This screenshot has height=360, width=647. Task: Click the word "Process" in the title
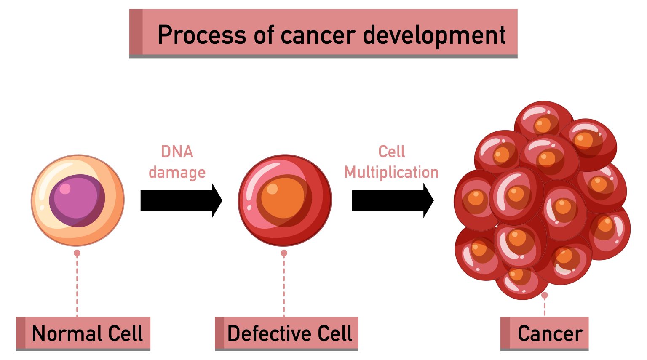click(202, 35)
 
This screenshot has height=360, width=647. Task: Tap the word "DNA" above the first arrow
click(177, 152)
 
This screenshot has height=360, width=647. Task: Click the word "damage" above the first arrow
click(177, 173)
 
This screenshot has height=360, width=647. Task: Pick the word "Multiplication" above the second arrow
click(391, 173)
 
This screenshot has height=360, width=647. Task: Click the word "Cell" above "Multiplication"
click(391, 152)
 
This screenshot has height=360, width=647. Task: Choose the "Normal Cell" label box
click(83, 333)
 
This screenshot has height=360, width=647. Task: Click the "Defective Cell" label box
click(286, 333)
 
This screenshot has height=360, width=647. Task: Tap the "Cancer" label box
click(544, 333)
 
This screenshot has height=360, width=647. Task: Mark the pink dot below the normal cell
click(77, 253)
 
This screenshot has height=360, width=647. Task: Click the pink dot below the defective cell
click(284, 253)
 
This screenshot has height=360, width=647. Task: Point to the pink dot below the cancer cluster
click(544, 295)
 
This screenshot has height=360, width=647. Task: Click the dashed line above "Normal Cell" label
click(77, 286)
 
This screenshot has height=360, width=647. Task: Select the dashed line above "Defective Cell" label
click(284, 286)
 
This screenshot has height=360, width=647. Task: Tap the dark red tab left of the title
click(136, 32)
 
